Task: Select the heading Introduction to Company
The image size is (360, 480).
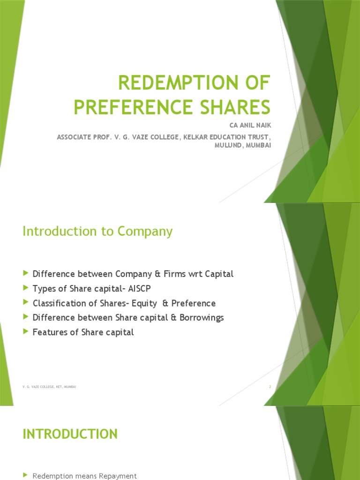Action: point(97,231)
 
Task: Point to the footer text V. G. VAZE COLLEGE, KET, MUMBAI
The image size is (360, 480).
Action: point(49,387)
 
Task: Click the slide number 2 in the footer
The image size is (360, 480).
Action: point(270,387)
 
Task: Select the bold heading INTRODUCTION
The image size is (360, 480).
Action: point(70,434)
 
